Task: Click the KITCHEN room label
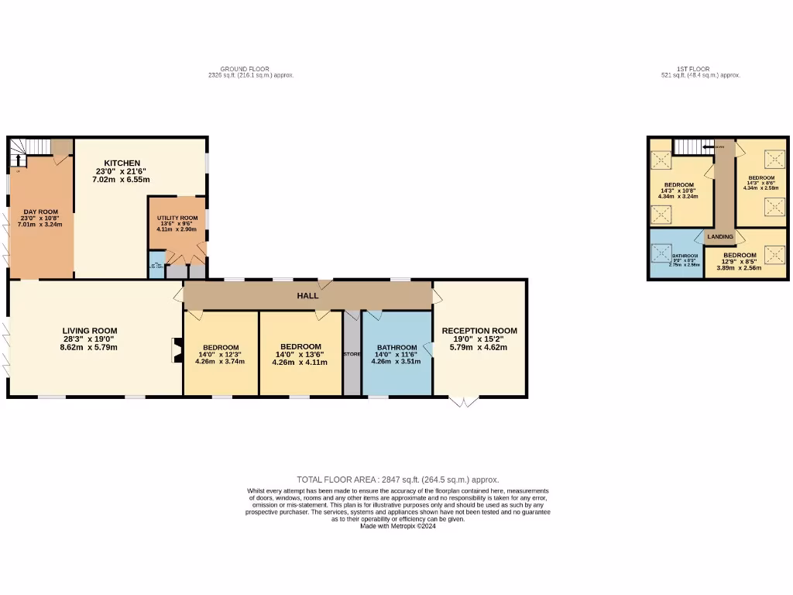122,163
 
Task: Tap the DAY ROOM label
41,212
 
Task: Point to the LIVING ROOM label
90,331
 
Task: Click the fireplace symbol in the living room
173,349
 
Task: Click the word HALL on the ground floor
308,296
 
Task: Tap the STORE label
352,354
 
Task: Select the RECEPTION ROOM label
479,331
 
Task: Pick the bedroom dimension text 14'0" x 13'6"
300,354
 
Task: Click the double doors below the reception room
463,401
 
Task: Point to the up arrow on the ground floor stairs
16,160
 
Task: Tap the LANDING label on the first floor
719,236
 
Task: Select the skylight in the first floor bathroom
662,254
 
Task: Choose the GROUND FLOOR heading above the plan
245,69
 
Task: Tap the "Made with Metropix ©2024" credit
398,526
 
